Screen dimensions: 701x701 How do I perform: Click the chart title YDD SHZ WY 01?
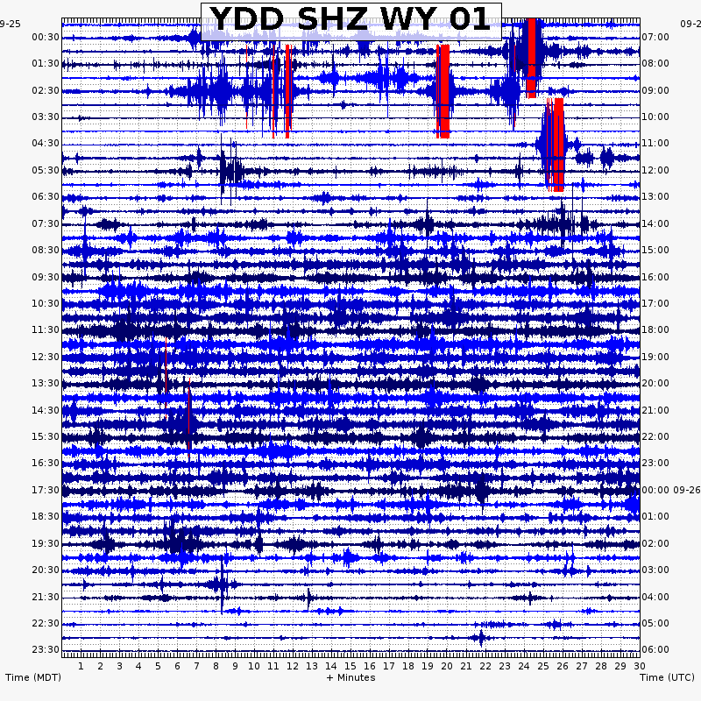(x=350, y=19)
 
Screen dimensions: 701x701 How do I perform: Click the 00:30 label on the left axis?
(x=46, y=37)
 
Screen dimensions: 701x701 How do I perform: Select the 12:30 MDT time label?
(x=46, y=357)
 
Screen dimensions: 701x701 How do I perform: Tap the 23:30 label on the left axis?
(x=46, y=649)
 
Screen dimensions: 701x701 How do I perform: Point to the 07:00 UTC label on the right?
(x=655, y=37)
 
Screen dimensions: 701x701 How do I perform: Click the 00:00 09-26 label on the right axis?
(x=668, y=490)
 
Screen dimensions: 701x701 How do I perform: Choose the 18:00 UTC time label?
(x=655, y=330)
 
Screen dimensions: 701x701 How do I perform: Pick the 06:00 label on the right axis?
(x=655, y=649)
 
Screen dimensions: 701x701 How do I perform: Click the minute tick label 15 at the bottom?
(x=350, y=666)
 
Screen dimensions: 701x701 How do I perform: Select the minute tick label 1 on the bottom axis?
(x=81, y=666)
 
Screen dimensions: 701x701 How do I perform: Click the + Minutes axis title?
(x=350, y=677)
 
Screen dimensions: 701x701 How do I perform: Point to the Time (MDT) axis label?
(x=33, y=677)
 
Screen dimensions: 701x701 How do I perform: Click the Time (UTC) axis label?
(x=668, y=677)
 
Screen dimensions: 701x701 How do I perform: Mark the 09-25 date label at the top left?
(x=11, y=25)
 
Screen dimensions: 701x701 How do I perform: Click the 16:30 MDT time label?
(x=46, y=463)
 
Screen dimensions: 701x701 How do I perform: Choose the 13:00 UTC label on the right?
(x=655, y=196)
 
